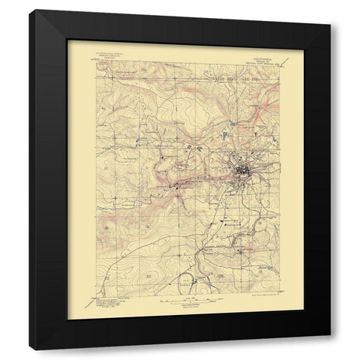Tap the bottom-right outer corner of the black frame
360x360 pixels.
click(331, 350)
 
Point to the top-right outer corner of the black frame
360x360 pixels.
click(331, 10)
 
